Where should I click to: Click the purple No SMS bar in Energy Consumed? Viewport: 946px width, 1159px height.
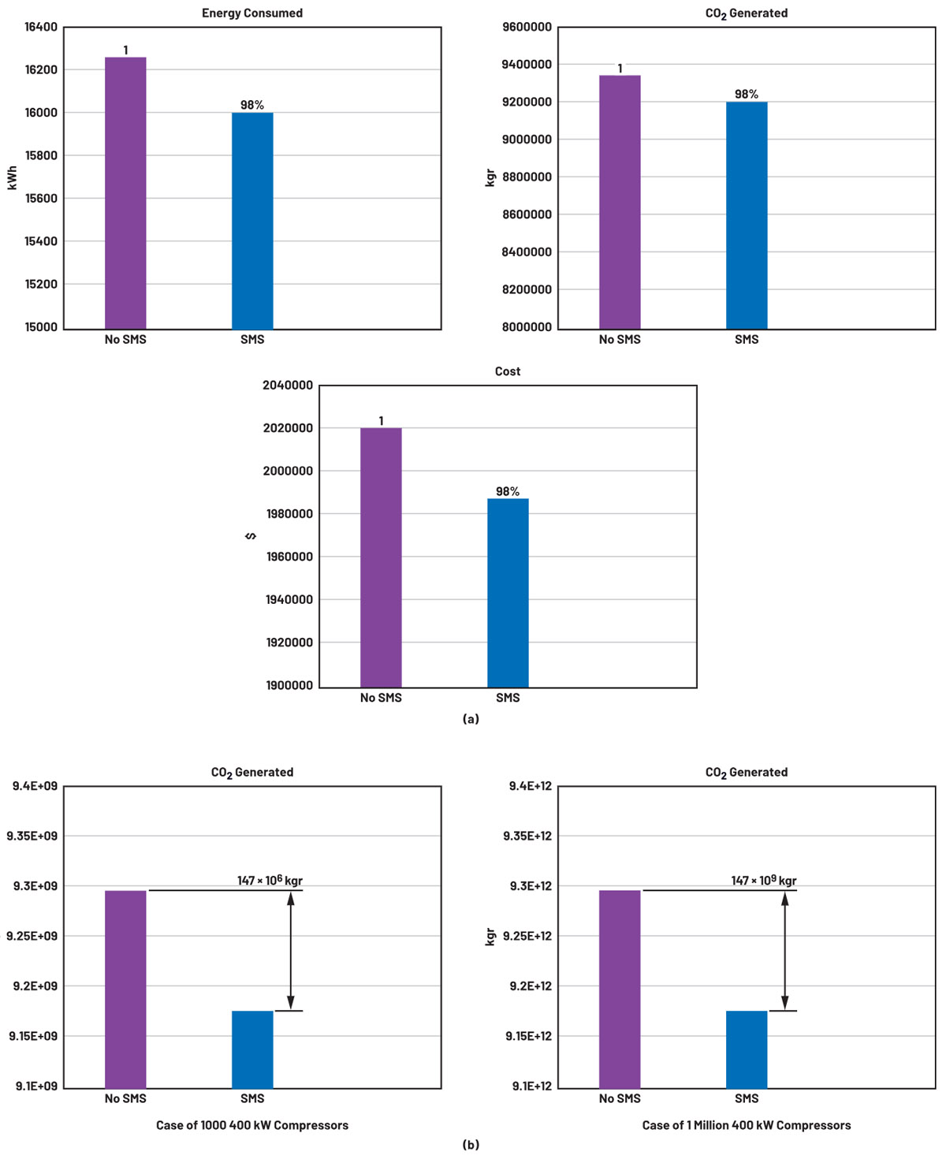pyautogui.click(x=125, y=192)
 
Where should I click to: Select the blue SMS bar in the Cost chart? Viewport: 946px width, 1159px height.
pyautogui.click(x=508, y=592)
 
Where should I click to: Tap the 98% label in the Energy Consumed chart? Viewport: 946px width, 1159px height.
pyautogui.click(x=252, y=105)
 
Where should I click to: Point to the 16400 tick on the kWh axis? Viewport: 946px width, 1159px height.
pyautogui.click(x=41, y=28)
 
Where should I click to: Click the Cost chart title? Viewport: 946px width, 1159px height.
pyautogui.click(x=508, y=371)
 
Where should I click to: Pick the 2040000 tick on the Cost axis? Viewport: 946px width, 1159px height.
pyautogui.click(x=288, y=386)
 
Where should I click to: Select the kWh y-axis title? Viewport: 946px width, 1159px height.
pyautogui.click(x=13, y=177)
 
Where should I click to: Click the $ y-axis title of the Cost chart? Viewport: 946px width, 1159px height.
pyautogui.click(x=251, y=536)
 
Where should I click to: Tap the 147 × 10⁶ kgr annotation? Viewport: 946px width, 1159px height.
pyautogui.click(x=270, y=881)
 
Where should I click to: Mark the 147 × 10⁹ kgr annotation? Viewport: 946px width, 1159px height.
pyautogui.click(x=764, y=881)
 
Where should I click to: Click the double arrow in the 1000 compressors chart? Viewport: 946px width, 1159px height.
pyautogui.click(x=291, y=950)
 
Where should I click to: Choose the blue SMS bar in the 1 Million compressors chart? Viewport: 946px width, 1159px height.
pyautogui.click(x=747, y=1049)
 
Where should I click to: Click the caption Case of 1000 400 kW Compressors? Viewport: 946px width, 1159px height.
pyautogui.click(x=252, y=1125)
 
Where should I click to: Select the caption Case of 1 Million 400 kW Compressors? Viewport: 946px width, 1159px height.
pyautogui.click(x=747, y=1125)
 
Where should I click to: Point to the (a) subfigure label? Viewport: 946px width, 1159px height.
pyautogui.click(x=471, y=718)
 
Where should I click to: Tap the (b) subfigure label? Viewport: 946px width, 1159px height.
pyautogui.click(x=471, y=1145)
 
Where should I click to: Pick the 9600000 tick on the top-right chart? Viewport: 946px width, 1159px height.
pyautogui.click(x=527, y=28)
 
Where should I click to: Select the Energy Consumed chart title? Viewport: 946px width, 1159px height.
pyautogui.click(x=252, y=13)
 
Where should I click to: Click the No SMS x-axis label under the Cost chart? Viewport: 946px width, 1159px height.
pyautogui.click(x=381, y=698)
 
